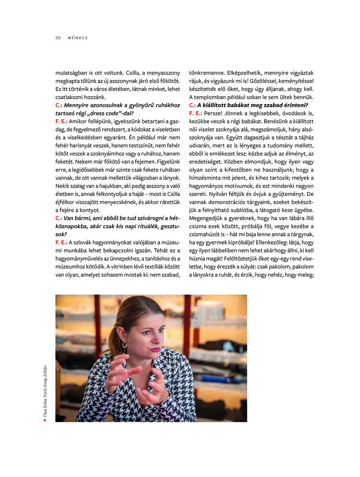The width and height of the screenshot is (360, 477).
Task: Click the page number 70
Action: tap(58, 38)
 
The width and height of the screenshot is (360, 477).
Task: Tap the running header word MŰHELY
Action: tap(78, 38)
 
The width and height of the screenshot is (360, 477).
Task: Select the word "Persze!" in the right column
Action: tap(214, 113)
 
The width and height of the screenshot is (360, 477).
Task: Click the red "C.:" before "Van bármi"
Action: tap(59, 218)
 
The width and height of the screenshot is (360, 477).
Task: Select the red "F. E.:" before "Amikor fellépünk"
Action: tap(62, 121)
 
